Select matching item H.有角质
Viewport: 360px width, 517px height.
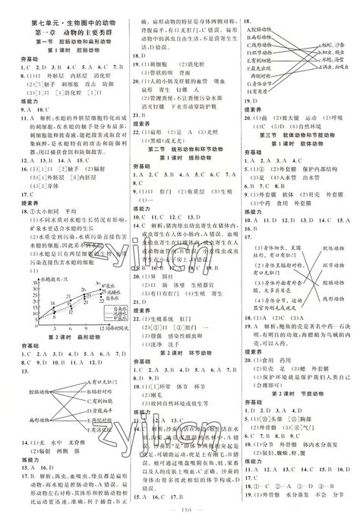257,87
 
